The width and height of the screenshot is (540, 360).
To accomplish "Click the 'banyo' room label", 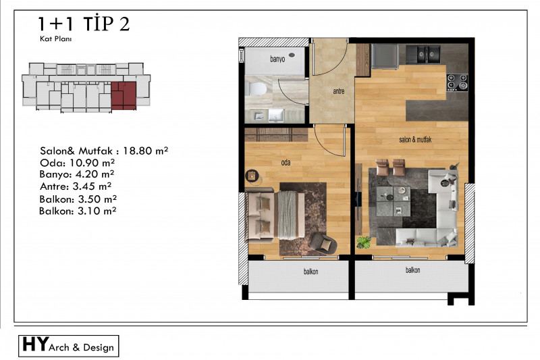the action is pos(277,59).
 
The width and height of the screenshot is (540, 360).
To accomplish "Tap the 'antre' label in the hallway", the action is pos(339,91).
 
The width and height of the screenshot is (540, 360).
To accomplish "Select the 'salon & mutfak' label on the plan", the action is pos(415,140).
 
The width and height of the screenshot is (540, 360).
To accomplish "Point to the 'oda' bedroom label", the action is pos(286,162).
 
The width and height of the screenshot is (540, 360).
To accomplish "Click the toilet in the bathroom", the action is pos(256,89).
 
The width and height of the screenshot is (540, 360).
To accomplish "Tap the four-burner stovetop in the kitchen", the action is pos(458,82).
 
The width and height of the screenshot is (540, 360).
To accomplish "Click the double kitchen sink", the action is pos(423,55).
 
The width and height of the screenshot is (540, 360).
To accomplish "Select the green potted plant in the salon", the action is pos(363,242).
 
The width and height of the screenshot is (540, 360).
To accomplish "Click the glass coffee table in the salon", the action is pos(394,201).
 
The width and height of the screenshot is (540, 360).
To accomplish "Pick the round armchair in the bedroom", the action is pos(323,243).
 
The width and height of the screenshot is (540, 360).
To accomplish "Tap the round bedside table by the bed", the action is pos(252,176).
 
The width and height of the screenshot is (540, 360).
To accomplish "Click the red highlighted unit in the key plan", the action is pos(124,95).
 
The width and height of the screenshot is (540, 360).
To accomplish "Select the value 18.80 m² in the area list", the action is pos(145,151).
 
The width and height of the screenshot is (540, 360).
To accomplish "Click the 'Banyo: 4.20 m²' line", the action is pos(77,174).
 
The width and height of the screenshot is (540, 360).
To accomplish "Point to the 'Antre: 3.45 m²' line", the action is pos(76,186).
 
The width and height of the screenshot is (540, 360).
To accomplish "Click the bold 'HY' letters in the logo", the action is pos(35,344).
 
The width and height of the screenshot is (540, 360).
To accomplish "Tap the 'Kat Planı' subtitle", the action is pos(56,38).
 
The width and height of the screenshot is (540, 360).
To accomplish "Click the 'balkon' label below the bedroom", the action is pos(310,272).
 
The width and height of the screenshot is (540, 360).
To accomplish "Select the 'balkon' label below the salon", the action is pos(412,270).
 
